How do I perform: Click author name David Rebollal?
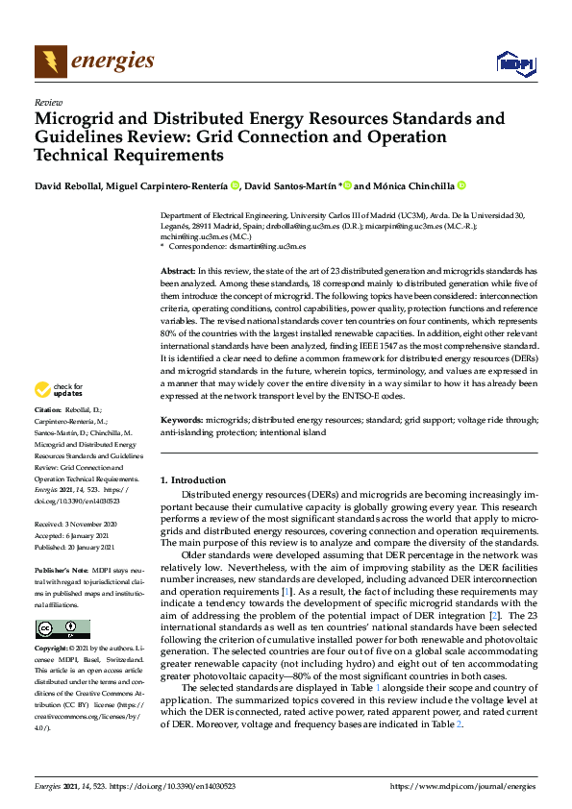point(74,184)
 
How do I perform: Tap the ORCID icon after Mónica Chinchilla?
point(460,184)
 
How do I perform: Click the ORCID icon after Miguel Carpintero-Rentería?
point(235,184)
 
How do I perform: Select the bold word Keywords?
point(182,420)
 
